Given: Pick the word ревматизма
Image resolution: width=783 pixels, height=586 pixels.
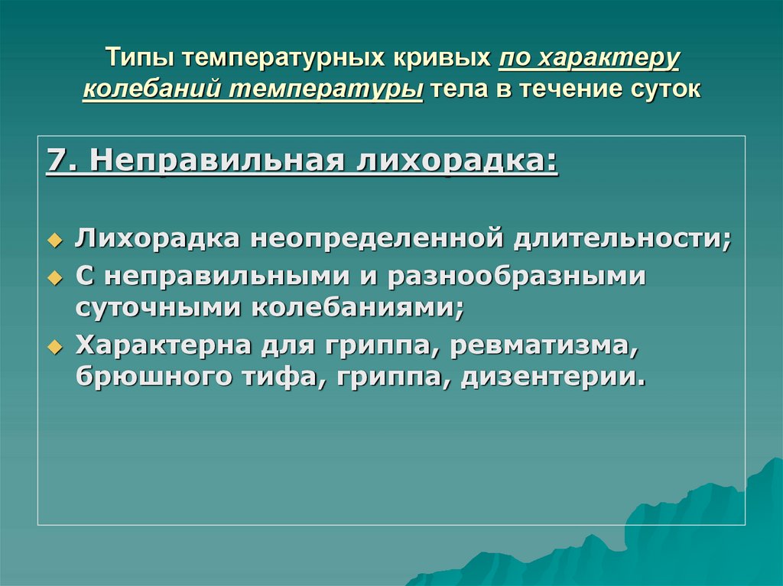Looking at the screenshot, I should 544,345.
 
